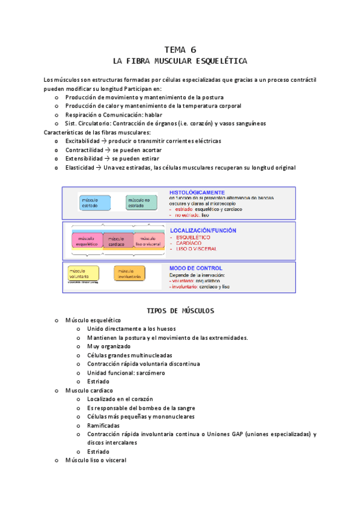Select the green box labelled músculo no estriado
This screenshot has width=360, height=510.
point(140,203)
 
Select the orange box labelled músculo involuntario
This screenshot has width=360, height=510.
point(129,273)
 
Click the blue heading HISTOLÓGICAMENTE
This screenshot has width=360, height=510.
point(197,192)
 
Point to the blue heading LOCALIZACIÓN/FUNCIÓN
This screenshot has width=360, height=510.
point(203,230)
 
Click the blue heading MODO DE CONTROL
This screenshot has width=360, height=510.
point(196,268)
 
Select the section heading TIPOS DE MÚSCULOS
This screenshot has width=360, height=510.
point(180,311)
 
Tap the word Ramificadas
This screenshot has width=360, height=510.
point(103,425)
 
